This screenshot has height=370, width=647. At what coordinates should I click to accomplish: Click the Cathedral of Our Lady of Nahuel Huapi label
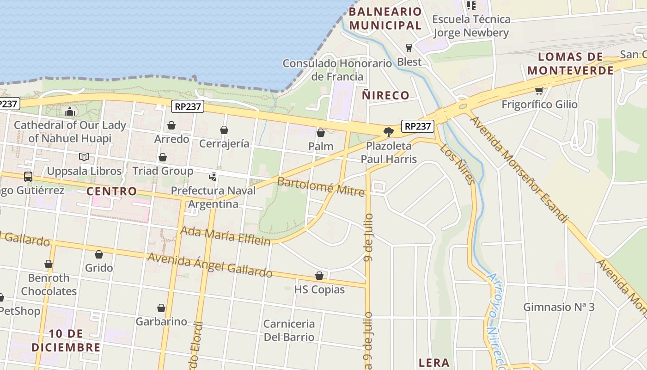[x=70, y=132]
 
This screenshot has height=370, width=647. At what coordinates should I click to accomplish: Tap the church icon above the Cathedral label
[x=70, y=111]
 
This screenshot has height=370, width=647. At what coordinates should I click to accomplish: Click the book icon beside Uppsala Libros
[x=84, y=157]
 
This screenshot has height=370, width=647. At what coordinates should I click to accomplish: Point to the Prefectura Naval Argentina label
[x=213, y=197]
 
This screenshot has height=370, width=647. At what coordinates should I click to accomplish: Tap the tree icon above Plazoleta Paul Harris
[x=389, y=132]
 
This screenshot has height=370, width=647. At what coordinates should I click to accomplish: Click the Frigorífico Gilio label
[x=539, y=105]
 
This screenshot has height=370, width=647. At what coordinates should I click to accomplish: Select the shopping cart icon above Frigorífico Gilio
[x=539, y=91]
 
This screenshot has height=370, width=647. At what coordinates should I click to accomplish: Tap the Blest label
[x=409, y=62]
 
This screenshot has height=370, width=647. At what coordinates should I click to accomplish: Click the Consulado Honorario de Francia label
[x=337, y=70]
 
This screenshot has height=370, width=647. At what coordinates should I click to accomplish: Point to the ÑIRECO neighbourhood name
[x=385, y=96]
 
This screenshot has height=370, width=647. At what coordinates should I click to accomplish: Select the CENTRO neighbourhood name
[x=112, y=191]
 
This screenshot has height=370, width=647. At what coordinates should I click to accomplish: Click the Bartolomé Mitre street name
[x=321, y=186]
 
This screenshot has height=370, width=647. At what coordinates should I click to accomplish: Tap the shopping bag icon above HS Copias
[x=319, y=276]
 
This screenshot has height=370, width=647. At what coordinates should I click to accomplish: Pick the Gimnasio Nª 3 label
[x=559, y=307]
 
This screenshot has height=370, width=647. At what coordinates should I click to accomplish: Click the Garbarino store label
[x=161, y=321]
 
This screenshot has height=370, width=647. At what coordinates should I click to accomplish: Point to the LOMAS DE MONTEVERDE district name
[x=571, y=64]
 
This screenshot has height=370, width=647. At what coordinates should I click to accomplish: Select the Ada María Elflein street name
[x=226, y=236]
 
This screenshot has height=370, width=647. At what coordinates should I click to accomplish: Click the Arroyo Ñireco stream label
[x=495, y=319]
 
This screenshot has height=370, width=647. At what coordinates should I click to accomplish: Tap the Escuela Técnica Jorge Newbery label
[x=471, y=26]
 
